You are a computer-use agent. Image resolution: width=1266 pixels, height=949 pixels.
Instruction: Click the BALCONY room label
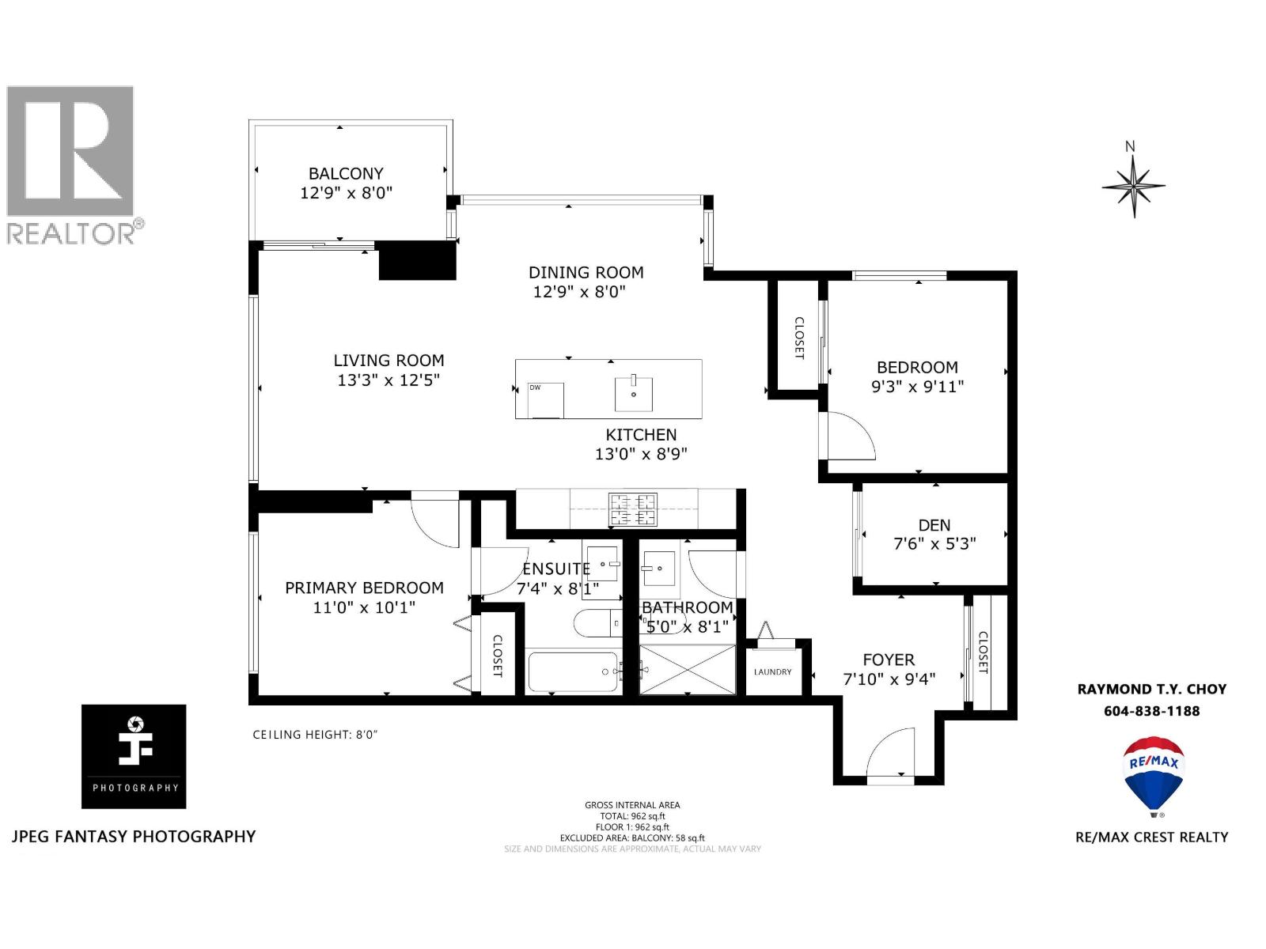click(346, 173)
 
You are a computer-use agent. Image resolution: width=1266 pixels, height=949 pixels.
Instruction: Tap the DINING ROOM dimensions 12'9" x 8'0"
click(579, 292)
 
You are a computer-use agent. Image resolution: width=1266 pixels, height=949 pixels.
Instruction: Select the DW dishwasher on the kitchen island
click(546, 399)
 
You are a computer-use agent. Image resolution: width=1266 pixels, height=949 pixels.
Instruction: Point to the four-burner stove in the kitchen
click(632, 509)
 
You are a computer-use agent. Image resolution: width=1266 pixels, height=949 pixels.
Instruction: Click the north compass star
click(1133, 187)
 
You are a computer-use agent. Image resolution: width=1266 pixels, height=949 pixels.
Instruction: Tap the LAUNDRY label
click(772, 672)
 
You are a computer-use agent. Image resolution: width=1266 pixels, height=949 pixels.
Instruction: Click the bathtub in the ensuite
click(572, 672)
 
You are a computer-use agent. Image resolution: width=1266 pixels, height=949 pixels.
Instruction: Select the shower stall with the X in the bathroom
click(687, 670)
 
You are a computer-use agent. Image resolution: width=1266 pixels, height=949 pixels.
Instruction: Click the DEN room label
click(934, 525)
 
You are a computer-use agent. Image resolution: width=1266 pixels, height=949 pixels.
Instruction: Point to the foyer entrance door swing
click(890, 755)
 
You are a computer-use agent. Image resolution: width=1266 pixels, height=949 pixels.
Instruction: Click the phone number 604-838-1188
click(1151, 711)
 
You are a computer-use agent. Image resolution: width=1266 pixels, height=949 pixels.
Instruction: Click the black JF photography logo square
click(134, 756)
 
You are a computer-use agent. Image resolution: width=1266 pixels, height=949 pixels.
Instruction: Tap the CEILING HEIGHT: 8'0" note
click(315, 735)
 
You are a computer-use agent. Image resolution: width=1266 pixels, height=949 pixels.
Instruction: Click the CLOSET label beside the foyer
click(983, 652)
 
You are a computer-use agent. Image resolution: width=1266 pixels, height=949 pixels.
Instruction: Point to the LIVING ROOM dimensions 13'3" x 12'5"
click(389, 380)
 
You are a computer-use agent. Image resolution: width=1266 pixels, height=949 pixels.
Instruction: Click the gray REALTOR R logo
click(71, 152)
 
